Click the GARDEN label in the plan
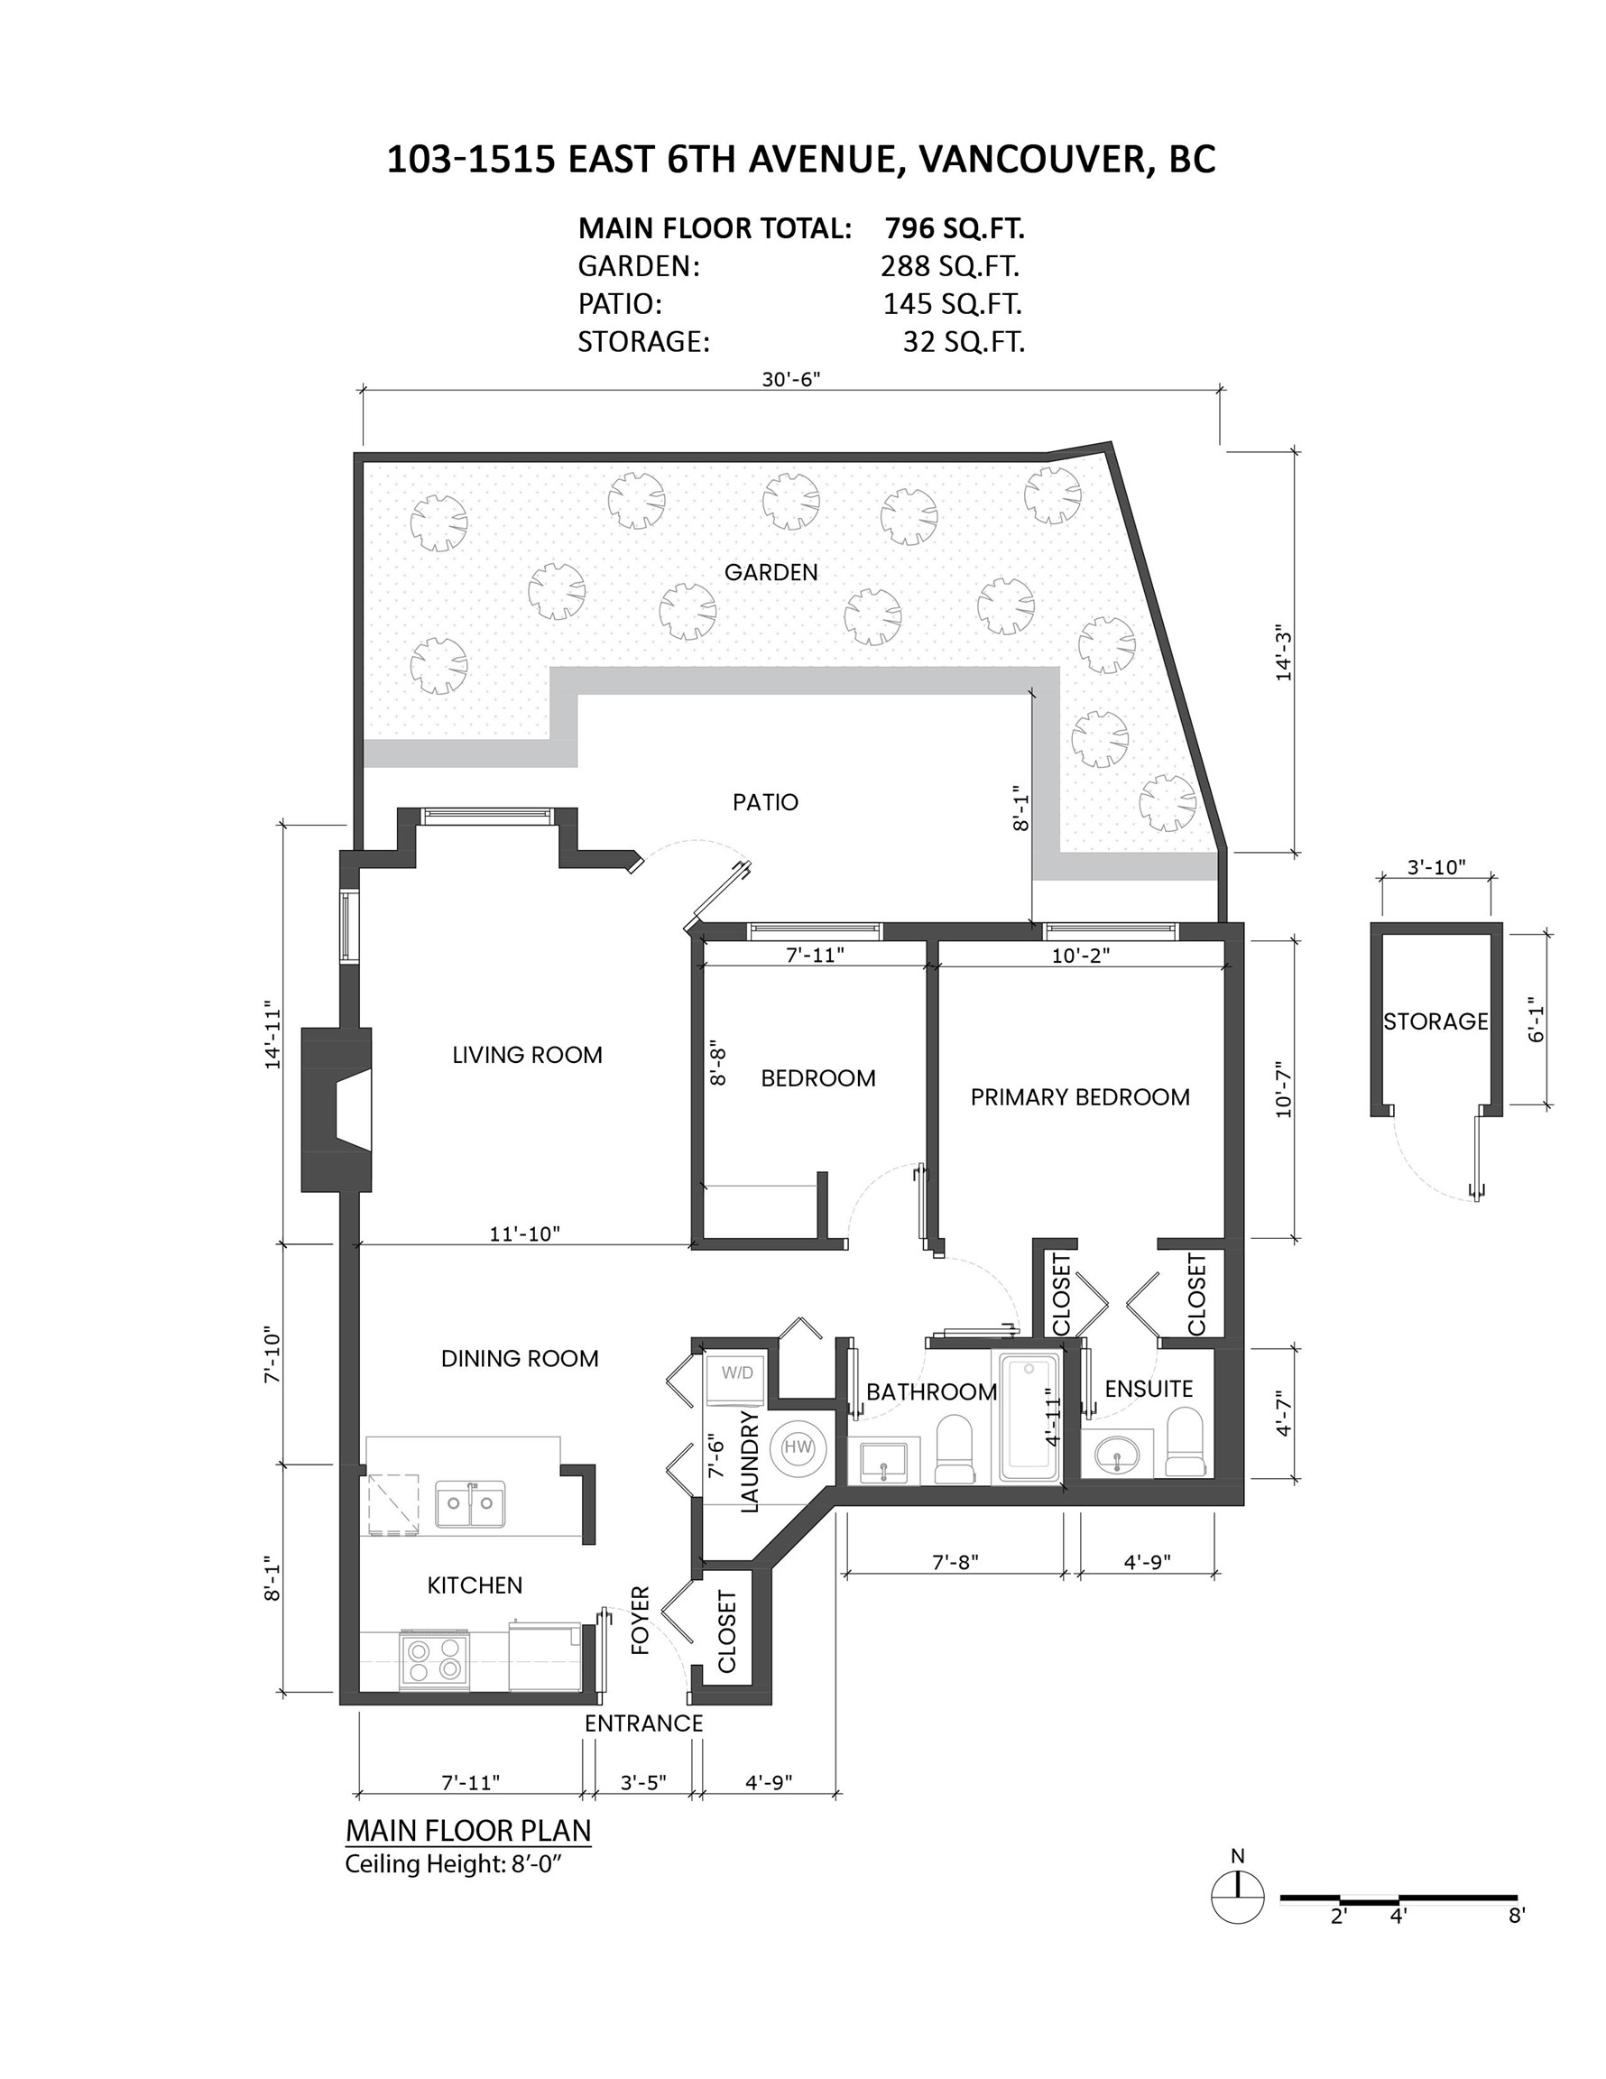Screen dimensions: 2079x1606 coord(771,572)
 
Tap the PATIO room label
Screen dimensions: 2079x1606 coord(764,802)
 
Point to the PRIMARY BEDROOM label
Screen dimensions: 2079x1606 coord(1080,1096)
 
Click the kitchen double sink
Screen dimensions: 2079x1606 coord(470,1503)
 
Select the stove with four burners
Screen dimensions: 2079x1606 coord(434,1659)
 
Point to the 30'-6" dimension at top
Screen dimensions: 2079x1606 coord(790,379)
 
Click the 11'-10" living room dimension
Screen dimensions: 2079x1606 coord(524,1234)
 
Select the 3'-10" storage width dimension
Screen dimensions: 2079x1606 coord(1435,867)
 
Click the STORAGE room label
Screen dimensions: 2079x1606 coord(1435,1021)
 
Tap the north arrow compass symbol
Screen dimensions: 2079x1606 coord(1237,1898)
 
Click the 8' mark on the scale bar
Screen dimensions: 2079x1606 coord(1517,1916)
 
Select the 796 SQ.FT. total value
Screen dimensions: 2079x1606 coord(954,228)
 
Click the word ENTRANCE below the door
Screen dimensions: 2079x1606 coord(643,1723)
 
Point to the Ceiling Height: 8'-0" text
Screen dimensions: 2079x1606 coord(454,1864)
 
